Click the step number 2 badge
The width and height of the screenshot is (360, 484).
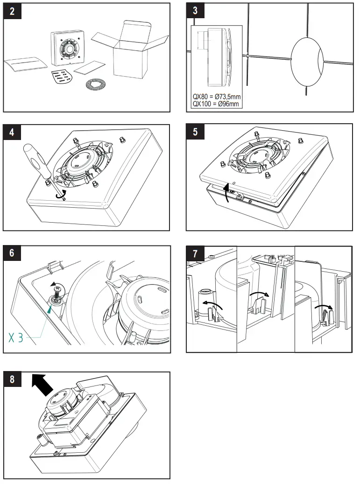pyautogui.click(x=12, y=11)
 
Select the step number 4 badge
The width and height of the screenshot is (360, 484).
pyautogui.click(x=12, y=132)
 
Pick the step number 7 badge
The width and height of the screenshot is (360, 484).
pyautogui.click(x=195, y=253)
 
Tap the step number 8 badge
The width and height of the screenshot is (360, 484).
pyautogui.click(x=12, y=379)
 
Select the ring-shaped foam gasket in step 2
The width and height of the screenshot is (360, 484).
pyautogui.click(x=96, y=85)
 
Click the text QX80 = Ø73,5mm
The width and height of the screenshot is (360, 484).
pyautogui.click(x=216, y=97)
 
